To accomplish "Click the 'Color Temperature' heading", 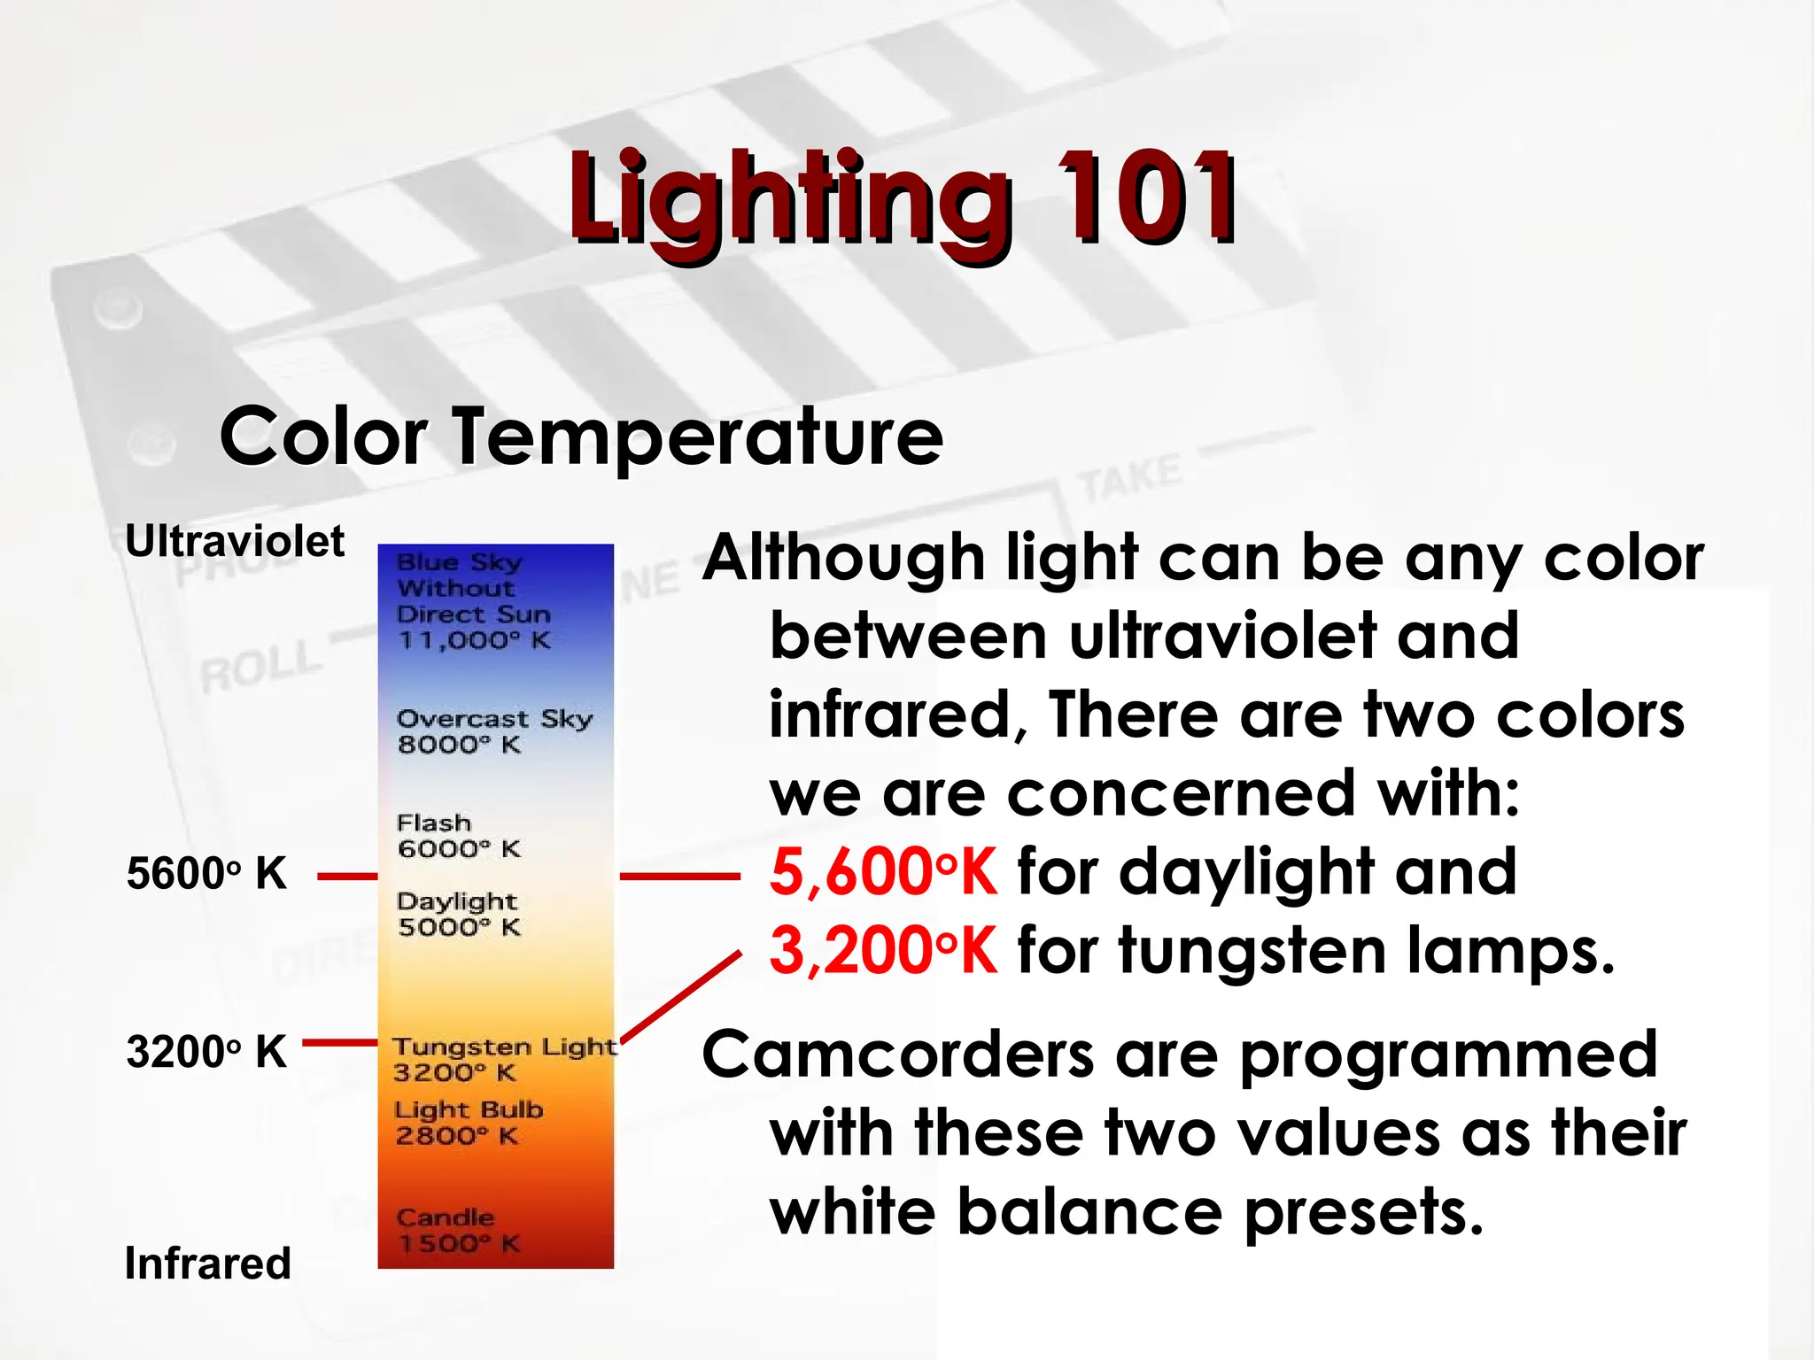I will [x=581, y=436].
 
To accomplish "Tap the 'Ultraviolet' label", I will [x=235, y=541].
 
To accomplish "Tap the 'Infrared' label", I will [x=207, y=1263].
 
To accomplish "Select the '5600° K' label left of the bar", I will [x=206, y=874].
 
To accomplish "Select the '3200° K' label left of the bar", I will [x=206, y=1052].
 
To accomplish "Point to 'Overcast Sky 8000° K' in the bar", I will [x=493, y=731].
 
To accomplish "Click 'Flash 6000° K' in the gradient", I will [x=458, y=836].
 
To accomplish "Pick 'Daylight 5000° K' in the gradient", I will [x=458, y=914].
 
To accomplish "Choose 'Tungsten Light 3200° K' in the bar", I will [x=503, y=1059].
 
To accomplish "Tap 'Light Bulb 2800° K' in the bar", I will [x=468, y=1122].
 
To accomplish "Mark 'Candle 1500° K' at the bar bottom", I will [x=458, y=1230].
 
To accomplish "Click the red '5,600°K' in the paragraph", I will [x=882, y=873].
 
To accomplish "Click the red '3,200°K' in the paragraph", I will [x=882, y=951].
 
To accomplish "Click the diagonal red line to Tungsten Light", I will [x=680, y=996].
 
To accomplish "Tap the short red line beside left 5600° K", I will [x=346, y=877].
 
